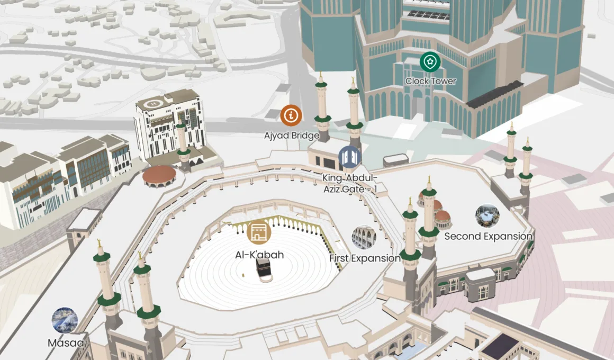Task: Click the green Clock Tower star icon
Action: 430,62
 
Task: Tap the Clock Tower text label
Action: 430,81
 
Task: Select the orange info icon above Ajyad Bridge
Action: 291,114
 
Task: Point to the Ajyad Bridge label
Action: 292,136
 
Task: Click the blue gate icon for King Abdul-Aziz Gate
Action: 350,157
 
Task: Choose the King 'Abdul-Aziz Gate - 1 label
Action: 350,183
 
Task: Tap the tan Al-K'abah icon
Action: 259,231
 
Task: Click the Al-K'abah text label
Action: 259,255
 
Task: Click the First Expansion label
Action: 365,258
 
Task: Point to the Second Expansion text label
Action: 488,236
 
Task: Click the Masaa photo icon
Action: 65,320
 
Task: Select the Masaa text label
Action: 66,343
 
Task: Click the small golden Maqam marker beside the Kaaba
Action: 243,275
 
